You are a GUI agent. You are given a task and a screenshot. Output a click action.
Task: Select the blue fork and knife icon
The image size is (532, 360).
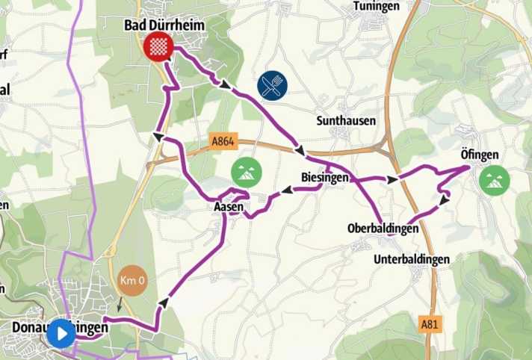click(272, 86)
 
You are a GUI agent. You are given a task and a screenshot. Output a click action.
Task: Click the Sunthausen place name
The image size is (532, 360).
click(345, 120)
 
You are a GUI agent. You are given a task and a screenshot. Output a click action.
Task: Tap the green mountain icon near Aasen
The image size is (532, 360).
click(247, 173)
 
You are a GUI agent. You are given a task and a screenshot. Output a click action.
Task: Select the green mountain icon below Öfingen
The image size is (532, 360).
click(494, 180)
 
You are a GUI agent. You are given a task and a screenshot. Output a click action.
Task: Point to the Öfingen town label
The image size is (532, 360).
click(479, 155)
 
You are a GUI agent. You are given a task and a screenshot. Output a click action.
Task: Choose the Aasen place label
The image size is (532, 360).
click(229, 205)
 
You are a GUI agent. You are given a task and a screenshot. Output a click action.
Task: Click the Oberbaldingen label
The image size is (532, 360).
click(383, 229)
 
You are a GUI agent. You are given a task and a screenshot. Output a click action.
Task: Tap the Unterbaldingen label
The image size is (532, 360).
click(412, 259)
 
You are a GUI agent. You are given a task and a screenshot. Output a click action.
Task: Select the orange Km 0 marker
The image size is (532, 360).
click(132, 281)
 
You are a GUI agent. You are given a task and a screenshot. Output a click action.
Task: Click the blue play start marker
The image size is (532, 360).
click(61, 333)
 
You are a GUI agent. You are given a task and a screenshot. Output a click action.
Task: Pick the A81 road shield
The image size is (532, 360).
click(428, 324)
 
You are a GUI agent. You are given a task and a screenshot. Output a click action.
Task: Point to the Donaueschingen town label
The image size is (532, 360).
click(60, 327)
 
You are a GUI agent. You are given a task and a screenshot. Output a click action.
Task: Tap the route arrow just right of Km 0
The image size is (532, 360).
click(162, 302)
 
